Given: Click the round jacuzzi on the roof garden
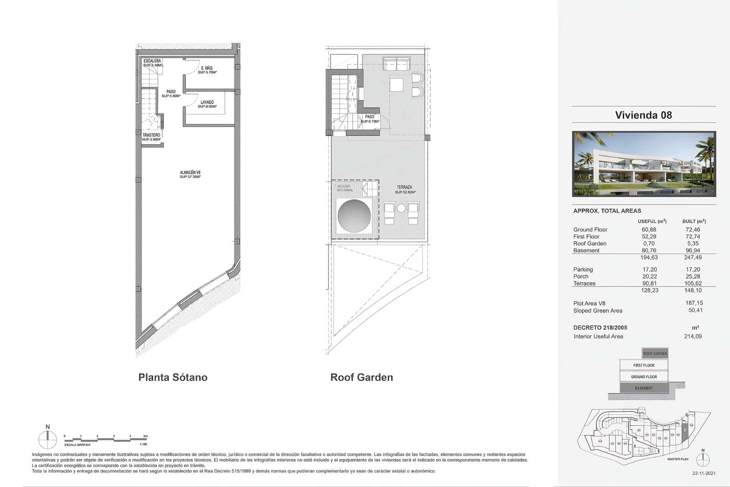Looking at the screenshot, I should (x=354, y=216).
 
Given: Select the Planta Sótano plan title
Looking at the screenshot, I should (x=173, y=377).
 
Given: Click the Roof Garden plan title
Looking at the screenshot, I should (x=361, y=377).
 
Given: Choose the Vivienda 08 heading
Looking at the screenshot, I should (x=643, y=115).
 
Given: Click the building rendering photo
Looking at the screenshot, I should (x=644, y=164).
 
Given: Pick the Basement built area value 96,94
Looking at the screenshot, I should (x=692, y=250).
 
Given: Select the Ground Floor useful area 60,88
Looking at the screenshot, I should (x=649, y=229).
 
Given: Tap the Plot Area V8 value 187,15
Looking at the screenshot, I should (x=693, y=303).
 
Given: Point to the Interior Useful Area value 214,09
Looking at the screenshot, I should (x=693, y=336).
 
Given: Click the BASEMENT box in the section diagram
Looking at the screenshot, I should (x=644, y=388).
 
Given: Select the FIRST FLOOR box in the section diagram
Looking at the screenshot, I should (x=644, y=365).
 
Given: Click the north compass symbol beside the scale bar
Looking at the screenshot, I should (x=47, y=440).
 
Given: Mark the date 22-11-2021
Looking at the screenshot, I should (x=704, y=473).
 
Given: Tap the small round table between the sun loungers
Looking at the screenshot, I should (x=401, y=208).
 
